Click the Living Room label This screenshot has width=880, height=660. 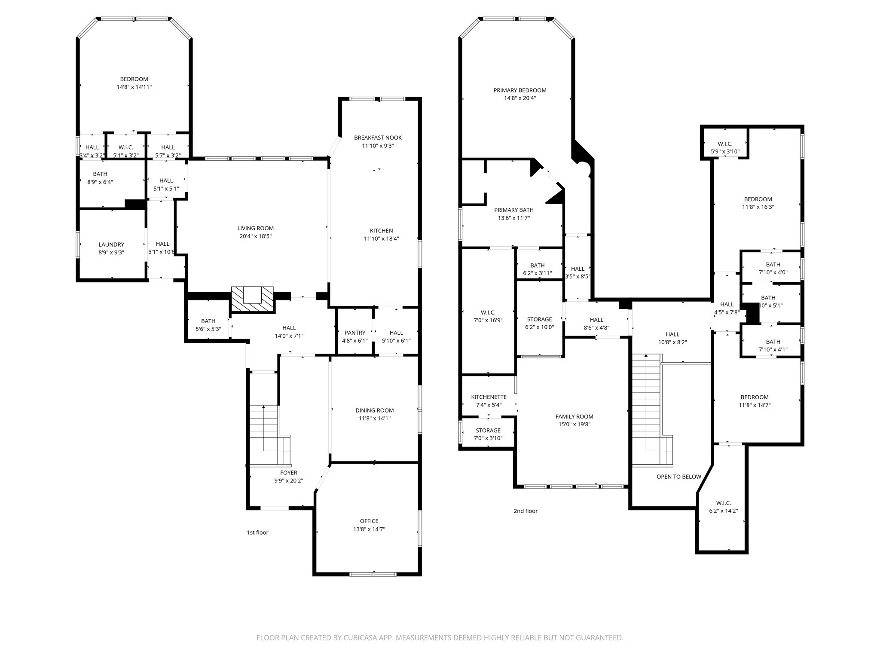coord(255,229)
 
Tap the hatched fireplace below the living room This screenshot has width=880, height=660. coord(252,299)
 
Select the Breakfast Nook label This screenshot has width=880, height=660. coord(378,138)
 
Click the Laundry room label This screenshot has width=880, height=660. coord(111,245)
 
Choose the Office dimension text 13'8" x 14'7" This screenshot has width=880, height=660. coord(369,529)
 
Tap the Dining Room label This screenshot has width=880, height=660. coord(374,411)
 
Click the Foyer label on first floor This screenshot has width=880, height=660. coord(289,473)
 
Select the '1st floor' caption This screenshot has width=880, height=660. coord(257,533)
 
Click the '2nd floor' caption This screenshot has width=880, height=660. coord(526,511)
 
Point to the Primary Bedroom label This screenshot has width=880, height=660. coord(520,91)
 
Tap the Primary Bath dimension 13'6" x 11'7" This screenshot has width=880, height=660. coord(513,218)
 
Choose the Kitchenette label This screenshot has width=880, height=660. coord(489,397)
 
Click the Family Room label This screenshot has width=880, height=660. coord(574,417)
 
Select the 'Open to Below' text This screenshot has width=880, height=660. coord(678,477)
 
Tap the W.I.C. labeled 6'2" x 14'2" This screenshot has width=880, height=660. coord(723,507)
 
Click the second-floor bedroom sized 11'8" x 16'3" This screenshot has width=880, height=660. coord(758,203)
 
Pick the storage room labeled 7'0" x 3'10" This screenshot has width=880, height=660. coord(488,434)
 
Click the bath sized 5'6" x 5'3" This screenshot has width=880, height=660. coord(208,325)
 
